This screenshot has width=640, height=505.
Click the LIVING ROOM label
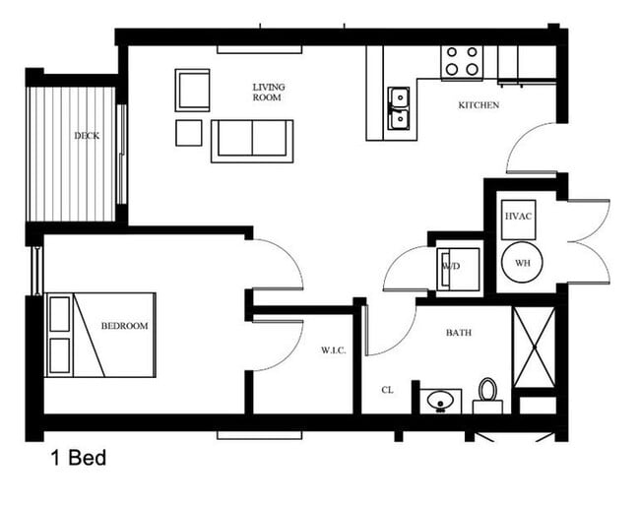point(268,92)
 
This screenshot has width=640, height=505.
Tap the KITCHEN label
point(479,105)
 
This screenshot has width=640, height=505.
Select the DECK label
point(87,136)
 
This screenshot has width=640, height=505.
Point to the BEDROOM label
point(124,326)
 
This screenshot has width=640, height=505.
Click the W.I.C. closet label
point(332,349)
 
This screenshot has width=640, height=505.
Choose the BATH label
point(458,333)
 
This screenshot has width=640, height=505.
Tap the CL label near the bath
point(388,390)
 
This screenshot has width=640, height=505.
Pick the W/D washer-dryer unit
point(458,268)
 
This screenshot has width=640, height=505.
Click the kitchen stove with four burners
point(462,62)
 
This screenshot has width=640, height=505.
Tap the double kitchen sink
point(399,108)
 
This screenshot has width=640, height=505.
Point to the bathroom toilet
point(487,394)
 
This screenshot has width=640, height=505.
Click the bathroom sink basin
point(440,402)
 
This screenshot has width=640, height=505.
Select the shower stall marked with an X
point(535,347)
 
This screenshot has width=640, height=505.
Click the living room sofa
point(252,140)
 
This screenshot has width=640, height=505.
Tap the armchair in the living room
point(193,90)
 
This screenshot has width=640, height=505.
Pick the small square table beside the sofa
point(189,133)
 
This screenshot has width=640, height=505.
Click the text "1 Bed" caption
point(78,458)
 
